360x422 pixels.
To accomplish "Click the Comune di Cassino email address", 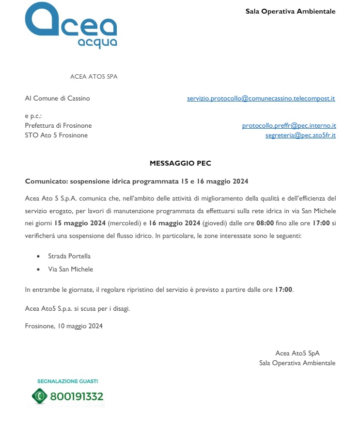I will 261,98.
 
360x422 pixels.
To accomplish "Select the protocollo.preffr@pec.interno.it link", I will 289,125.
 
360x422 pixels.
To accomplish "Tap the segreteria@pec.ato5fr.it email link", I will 300,135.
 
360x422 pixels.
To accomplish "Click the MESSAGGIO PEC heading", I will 180,164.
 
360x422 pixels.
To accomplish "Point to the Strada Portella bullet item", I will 69,256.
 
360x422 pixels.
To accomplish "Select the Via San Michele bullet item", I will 70,269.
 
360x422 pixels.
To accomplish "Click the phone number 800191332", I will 76,396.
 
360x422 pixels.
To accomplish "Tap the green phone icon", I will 39,396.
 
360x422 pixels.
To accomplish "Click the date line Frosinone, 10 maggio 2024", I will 63,326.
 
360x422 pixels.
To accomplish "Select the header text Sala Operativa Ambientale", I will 290,11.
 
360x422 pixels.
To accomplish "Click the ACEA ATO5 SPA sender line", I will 94,77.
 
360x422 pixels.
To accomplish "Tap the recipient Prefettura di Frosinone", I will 58,125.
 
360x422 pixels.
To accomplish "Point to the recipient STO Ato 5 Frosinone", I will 56,135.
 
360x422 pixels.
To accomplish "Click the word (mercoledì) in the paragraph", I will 125,223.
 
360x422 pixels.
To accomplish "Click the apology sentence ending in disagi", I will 78,308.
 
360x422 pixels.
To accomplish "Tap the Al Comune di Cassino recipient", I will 57,98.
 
